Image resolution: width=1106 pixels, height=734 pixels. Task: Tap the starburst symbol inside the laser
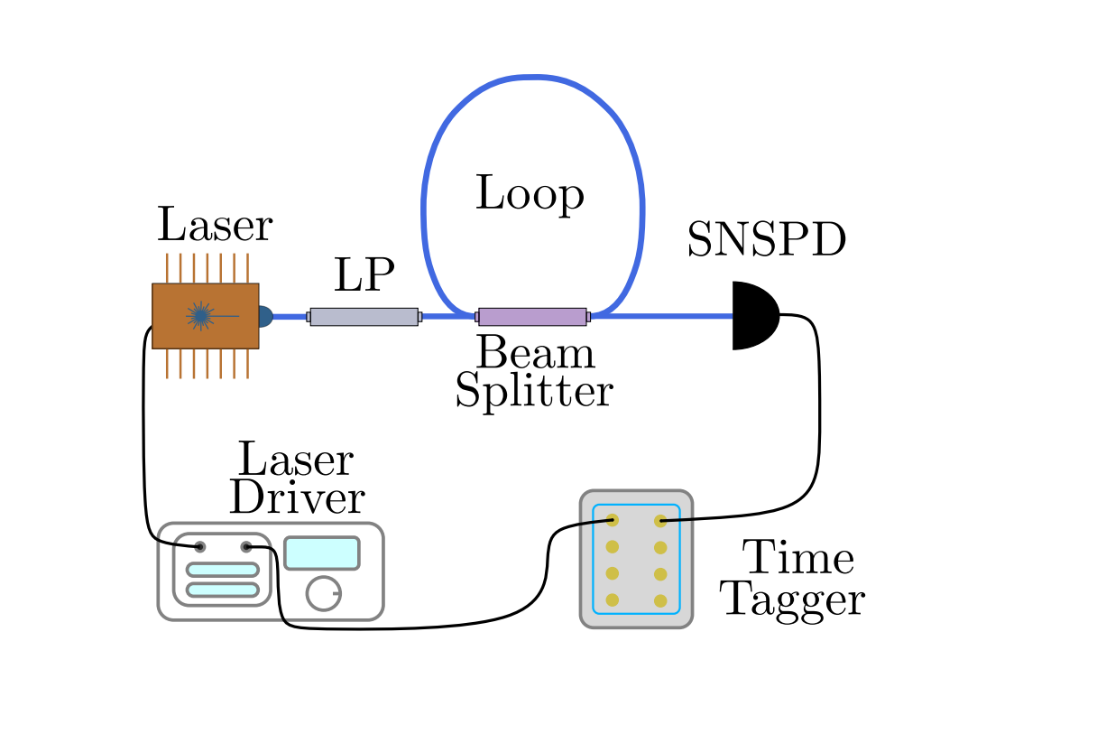click(200, 315)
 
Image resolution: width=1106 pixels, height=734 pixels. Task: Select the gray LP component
click(364, 317)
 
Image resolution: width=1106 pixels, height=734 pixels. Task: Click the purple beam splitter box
click(532, 317)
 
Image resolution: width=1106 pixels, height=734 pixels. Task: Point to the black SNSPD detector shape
click(752, 315)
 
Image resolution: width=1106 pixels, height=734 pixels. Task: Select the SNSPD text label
click(766, 241)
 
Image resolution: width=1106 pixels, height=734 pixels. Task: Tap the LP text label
click(364, 275)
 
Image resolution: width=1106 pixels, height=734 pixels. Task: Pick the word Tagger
click(794, 599)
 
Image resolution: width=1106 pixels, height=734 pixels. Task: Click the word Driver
click(297, 497)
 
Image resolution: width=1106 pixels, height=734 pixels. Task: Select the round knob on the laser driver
click(323, 593)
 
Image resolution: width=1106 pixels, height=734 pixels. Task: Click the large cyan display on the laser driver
click(322, 553)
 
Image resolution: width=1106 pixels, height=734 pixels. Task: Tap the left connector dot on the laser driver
click(199, 547)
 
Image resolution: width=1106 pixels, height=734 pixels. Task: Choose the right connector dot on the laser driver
click(245, 547)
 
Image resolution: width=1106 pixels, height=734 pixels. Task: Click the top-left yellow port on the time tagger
click(612, 520)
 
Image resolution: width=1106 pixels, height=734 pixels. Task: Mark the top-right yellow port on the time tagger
click(660, 521)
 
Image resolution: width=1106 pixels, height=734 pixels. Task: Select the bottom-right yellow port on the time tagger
click(660, 600)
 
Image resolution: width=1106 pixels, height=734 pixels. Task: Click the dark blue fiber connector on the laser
click(264, 316)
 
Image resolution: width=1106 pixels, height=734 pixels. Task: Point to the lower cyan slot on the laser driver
click(222, 590)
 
